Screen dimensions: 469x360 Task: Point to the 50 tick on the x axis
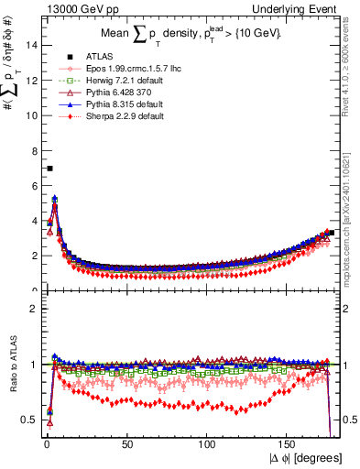pyautogui.click(x=127, y=444)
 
